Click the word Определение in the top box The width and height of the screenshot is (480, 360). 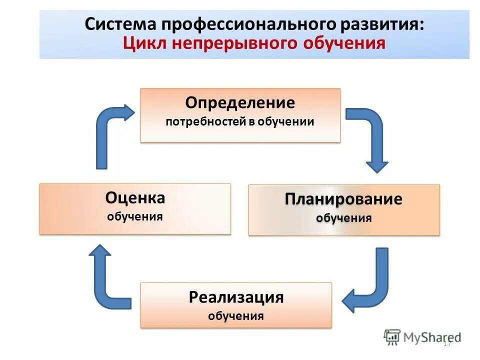tap(240, 103)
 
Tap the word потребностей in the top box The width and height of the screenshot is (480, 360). tap(206, 121)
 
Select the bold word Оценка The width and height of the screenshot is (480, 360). tap(135, 198)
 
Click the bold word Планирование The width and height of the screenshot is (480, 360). tap(343, 199)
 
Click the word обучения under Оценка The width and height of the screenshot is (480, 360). tap(135, 217)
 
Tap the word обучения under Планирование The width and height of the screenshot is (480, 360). tap(343, 218)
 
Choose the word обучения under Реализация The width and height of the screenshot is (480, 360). tap(236, 316)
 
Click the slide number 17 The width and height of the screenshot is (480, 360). tap(447, 343)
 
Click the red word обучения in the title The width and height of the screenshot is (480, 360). tap(345, 43)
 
